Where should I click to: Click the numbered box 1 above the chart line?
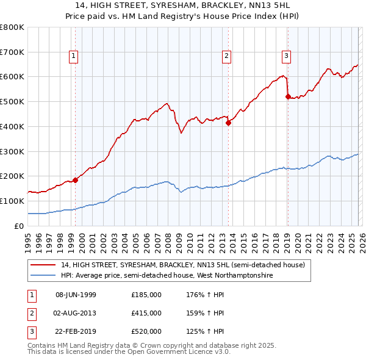(73, 57)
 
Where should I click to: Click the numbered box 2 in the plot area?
(226, 57)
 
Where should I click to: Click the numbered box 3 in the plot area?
(286, 57)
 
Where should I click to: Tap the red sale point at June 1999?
(76, 180)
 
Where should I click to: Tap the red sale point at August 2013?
(228, 123)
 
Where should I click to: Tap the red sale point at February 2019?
(288, 96)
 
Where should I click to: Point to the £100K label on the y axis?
(12, 201)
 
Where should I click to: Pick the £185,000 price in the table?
(146, 295)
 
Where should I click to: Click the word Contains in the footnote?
(43, 345)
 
